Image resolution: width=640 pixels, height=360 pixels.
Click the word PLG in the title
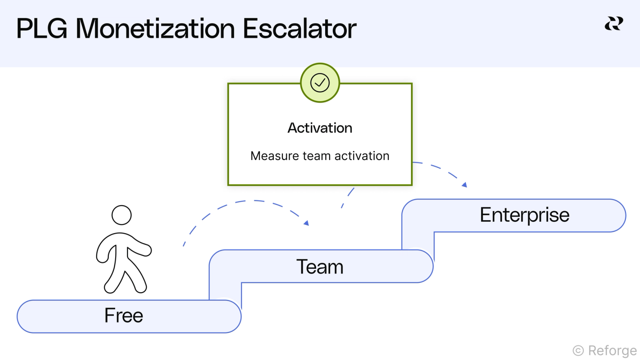pyautogui.click(x=41, y=29)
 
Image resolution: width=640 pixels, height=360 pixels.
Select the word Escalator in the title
pyautogui.click(x=300, y=29)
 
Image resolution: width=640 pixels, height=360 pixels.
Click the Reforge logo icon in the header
pyautogui.click(x=614, y=23)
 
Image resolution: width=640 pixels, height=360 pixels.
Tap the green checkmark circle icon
pyautogui.click(x=320, y=83)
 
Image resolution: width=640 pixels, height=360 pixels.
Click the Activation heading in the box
pyautogui.click(x=320, y=128)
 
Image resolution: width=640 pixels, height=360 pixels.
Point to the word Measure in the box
pyautogui.click(x=274, y=156)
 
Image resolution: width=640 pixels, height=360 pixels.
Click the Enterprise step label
pyautogui.click(x=524, y=215)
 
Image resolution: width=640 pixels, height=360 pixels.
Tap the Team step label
pyautogui.click(x=320, y=267)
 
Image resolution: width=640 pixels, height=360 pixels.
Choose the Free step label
pyautogui.click(x=124, y=316)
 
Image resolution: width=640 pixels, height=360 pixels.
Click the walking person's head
pyautogui.click(x=122, y=215)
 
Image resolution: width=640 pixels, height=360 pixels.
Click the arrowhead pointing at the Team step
pyautogui.click(x=306, y=223)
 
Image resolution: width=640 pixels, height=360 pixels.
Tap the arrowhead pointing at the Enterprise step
pyautogui.click(x=464, y=185)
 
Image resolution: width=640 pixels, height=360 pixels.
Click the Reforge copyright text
pyautogui.click(x=612, y=351)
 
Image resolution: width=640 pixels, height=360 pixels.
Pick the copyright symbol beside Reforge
pyautogui.click(x=578, y=351)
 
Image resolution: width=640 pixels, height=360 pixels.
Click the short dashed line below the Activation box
pyautogui.click(x=348, y=197)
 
